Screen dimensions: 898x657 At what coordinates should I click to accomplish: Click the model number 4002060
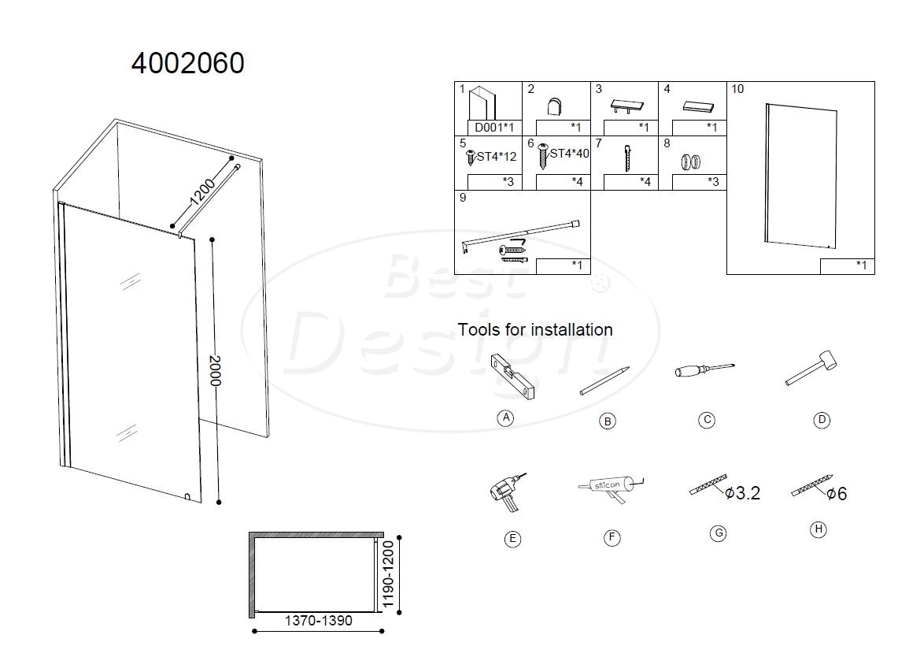click(188, 63)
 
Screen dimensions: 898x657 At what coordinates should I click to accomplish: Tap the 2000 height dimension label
click(215, 370)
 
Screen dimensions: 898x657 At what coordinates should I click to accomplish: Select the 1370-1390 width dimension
click(319, 620)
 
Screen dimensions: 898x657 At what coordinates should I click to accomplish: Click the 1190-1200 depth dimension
click(388, 574)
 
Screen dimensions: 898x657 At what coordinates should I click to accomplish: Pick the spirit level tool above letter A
click(513, 377)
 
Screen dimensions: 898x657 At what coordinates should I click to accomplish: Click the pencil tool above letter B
click(604, 381)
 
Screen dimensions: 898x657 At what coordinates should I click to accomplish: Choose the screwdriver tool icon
click(704, 369)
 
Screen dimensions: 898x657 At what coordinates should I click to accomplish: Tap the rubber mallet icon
click(811, 367)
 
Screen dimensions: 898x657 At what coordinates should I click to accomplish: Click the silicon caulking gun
click(611, 488)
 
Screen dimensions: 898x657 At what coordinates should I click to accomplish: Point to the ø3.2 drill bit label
click(742, 493)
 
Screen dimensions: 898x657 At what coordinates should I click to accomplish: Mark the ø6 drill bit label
click(837, 494)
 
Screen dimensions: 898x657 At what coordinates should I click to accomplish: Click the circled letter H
click(819, 529)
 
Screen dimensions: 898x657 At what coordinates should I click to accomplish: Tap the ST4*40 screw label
click(569, 154)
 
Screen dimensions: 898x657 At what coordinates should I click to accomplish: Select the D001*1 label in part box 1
click(494, 128)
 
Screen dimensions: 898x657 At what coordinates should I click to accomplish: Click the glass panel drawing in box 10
click(800, 176)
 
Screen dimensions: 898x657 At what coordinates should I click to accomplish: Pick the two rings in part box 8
click(691, 162)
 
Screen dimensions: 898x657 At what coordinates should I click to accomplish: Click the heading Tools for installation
click(535, 329)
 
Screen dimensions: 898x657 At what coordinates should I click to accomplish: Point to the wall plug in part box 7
click(628, 158)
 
